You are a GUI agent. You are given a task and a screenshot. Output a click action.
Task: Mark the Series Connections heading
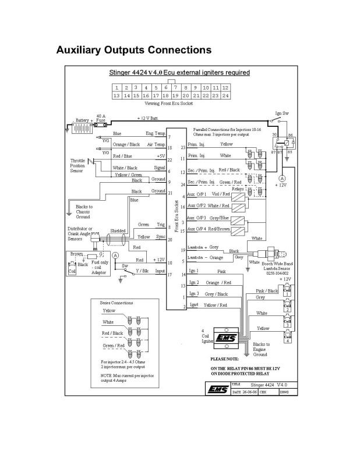(x=117, y=303)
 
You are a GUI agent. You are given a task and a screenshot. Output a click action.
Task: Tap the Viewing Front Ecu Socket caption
(x=171, y=102)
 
